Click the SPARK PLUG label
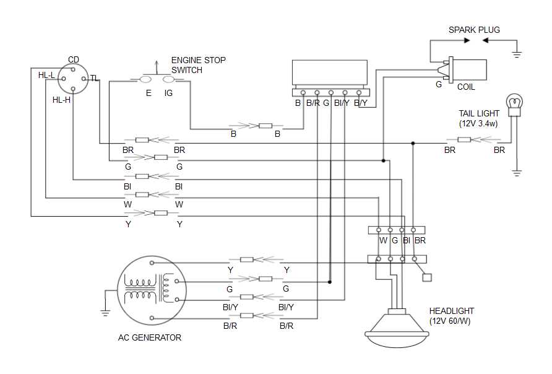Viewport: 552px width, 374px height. click(474, 30)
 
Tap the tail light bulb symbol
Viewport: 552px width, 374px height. click(515, 104)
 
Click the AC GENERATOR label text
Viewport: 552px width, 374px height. click(150, 337)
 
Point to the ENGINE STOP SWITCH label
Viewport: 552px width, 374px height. click(198, 65)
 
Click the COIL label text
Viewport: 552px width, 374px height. click(466, 87)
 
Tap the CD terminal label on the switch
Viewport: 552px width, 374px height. click(74, 59)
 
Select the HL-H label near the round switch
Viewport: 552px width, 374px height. click(61, 99)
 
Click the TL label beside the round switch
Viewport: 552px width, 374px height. click(94, 78)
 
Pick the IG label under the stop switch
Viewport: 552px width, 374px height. click(168, 93)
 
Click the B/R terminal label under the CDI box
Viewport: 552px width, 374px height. click(313, 103)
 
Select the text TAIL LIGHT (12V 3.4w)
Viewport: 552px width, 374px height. click(479, 118)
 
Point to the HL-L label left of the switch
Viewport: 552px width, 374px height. click(46, 75)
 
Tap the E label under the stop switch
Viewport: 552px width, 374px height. click(149, 93)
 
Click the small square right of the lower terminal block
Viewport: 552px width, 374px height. click(426, 278)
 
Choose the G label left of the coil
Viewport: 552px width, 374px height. click(439, 84)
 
